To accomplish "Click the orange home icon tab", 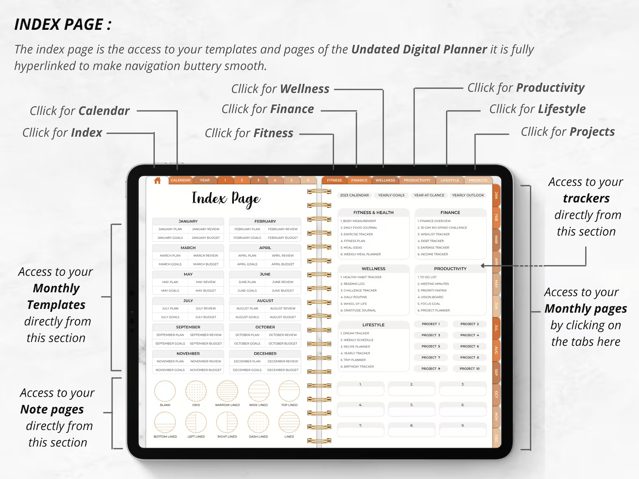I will coord(157,181).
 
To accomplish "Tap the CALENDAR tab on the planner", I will coord(180,180).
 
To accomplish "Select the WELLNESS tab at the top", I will coord(385,180).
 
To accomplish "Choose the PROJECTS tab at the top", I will coord(478,180).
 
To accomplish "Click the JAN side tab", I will coord(497,195).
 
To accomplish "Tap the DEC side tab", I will coord(497,438).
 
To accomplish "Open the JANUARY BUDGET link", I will coord(206,238).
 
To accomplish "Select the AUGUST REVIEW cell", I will coord(283,308).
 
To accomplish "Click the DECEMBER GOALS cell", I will coord(247,370).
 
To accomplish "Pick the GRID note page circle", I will coord(196,391).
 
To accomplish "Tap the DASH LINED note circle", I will coord(258,423).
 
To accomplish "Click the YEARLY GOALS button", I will coord(391,195).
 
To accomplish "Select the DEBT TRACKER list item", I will coord(432,241).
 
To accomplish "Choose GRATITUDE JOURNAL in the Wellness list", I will coord(359,310).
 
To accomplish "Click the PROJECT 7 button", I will coord(431,357).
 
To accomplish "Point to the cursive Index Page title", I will coord(226,199).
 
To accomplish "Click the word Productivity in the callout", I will coord(550,88).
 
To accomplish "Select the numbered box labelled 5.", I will coord(412,409).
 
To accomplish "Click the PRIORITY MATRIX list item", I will coord(433,290).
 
